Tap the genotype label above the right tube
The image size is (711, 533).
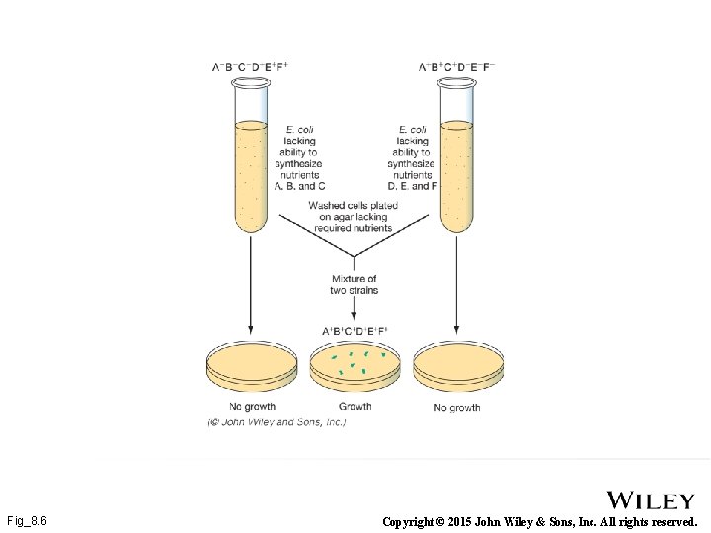point(456,67)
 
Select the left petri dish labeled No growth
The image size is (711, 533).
point(251,368)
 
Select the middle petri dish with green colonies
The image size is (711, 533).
point(355,368)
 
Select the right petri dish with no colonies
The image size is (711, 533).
point(457,368)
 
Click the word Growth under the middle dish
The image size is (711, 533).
point(355,406)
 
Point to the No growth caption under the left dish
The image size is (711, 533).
point(252,406)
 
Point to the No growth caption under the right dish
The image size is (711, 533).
point(457,407)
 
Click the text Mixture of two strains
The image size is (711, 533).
point(355,285)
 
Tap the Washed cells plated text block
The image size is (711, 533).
point(353,217)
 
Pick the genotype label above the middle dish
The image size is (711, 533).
point(355,331)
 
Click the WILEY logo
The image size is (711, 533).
point(651,500)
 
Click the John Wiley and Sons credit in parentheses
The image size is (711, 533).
point(276,422)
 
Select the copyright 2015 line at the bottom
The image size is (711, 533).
point(539,520)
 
